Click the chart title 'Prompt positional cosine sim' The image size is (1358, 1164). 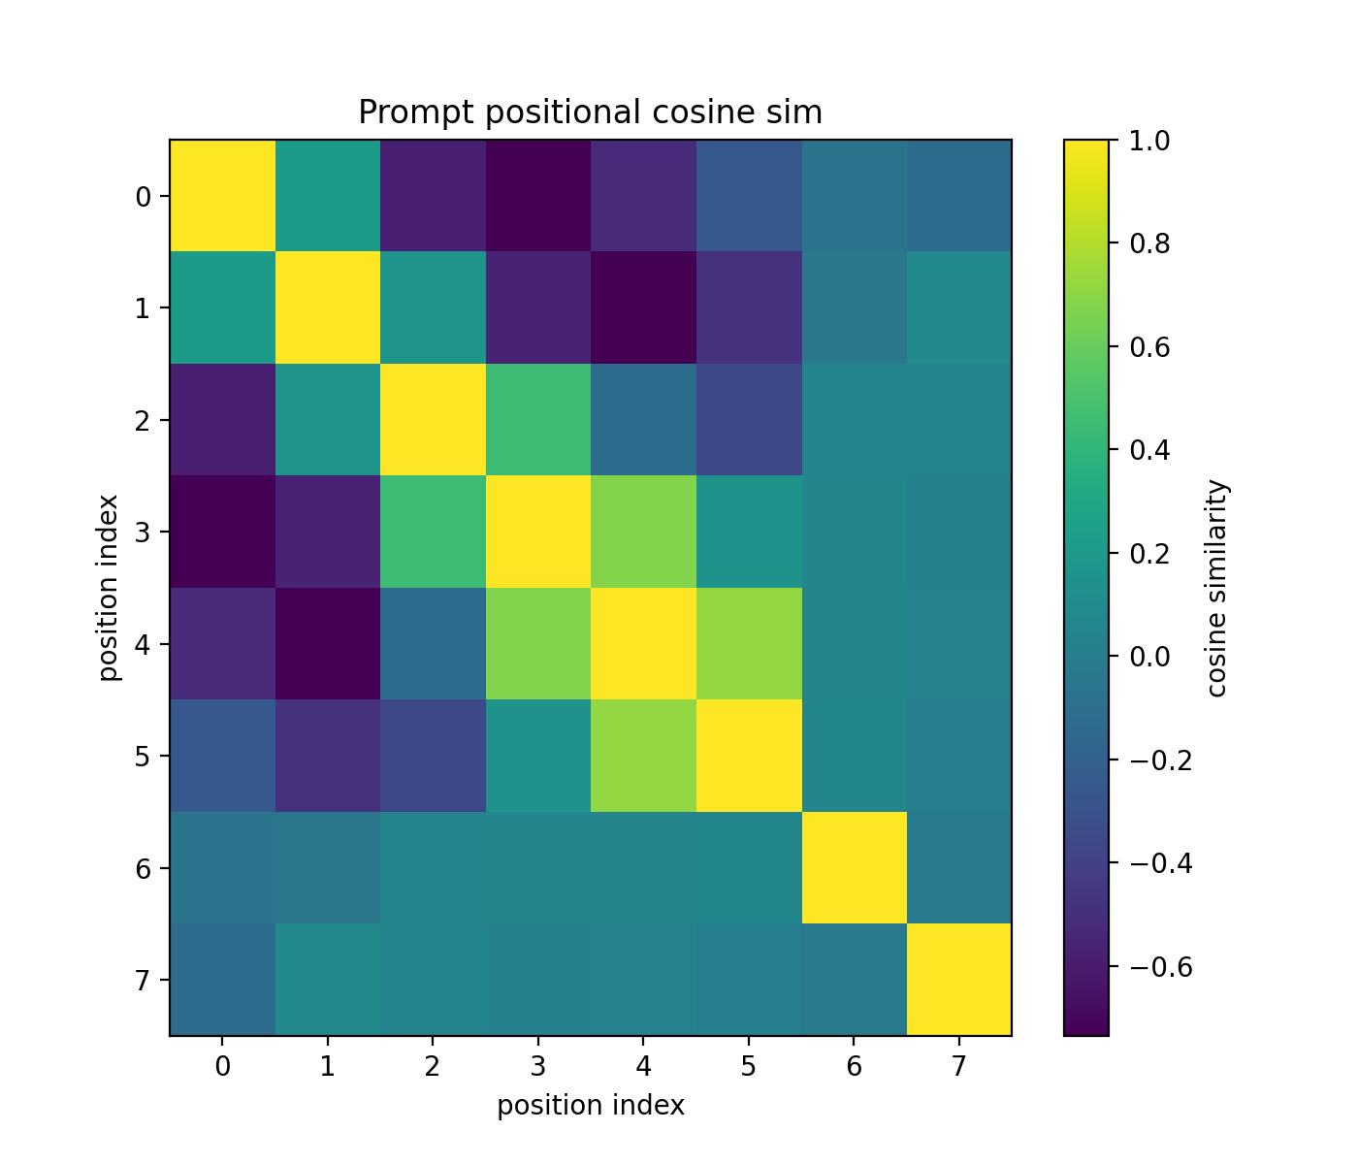coord(590,113)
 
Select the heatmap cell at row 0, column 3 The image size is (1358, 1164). coord(538,196)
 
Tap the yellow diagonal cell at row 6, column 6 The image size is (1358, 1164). coord(854,867)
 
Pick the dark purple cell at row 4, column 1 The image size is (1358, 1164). coord(328,643)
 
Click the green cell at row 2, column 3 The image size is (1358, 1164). coord(538,420)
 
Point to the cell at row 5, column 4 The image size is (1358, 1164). coord(643,756)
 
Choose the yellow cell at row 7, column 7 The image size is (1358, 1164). coord(959,980)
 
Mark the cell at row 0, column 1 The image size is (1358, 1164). coord(328,196)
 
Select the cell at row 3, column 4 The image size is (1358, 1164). coord(643,532)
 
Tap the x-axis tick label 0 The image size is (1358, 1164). coord(222,1067)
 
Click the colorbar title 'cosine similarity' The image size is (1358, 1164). coord(1218,588)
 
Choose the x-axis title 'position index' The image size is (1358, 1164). coord(591,1105)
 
